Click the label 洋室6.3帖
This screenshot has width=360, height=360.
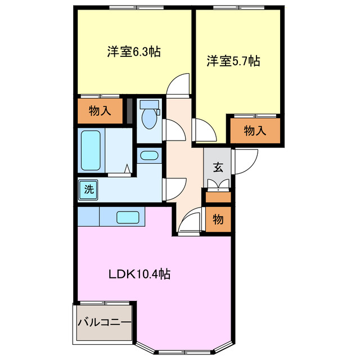[x=134, y=51]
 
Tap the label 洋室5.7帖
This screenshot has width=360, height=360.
[x=233, y=61]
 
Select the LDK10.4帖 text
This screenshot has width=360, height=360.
[x=139, y=274]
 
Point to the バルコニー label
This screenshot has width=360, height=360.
[x=105, y=322]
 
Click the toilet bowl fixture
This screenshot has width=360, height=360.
[x=149, y=115]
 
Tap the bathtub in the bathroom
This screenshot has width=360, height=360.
[x=91, y=150]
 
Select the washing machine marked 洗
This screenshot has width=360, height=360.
[x=88, y=190]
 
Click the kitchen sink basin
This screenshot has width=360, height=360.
[x=128, y=217]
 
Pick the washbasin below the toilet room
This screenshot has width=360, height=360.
[x=149, y=156]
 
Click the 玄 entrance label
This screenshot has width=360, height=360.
[x=218, y=168]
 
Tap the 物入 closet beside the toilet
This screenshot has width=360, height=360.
[x=100, y=111]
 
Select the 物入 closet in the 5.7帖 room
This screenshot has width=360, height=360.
[x=255, y=130]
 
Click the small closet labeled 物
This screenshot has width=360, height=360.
[x=218, y=219]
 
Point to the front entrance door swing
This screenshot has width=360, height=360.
[x=245, y=161]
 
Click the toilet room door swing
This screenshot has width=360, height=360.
[x=174, y=130]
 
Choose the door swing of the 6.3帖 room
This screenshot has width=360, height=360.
[x=178, y=84]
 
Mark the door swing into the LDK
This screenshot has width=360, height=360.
[x=190, y=221]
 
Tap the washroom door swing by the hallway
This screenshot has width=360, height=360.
[x=174, y=189]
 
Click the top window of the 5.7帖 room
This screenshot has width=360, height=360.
[x=238, y=8]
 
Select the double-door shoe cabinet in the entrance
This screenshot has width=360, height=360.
[x=218, y=185]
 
